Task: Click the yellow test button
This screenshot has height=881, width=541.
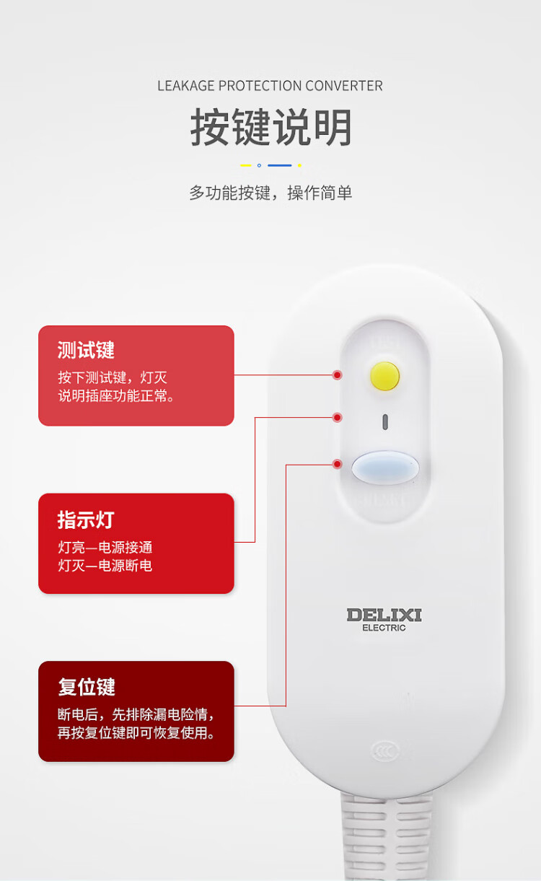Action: (x=384, y=376)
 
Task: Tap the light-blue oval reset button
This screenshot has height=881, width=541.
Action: (x=385, y=468)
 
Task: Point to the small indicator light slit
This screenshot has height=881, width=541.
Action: (x=385, y=422)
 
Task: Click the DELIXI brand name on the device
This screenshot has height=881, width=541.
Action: (x=384, y=615)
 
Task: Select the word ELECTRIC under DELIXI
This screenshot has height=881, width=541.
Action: (x=384, y=628)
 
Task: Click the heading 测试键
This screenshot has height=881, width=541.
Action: (x=86, y=351)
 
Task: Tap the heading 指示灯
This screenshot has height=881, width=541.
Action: (x=86, y=520)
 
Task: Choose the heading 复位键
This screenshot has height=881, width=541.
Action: (x=87, y=687)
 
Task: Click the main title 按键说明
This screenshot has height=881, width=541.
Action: (x=270, y=128)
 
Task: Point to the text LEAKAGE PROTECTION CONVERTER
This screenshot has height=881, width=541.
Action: (x=270, y=86)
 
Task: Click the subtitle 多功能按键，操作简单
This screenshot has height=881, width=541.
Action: (x=270, y=193)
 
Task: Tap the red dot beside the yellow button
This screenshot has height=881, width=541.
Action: (x=337, y=375)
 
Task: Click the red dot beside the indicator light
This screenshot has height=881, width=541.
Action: (x=337, y=417)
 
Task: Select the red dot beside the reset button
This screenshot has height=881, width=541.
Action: (x=337, y=464)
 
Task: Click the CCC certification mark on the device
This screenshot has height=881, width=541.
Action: (x=384, y=750)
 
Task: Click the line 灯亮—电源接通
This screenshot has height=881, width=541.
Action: (x=105, y=548)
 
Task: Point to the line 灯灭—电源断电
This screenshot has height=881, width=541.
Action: (x=105, y=566)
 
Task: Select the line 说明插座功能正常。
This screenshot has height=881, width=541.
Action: (x=117, y=396)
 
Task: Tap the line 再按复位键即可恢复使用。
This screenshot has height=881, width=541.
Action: (x=136, y=733)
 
